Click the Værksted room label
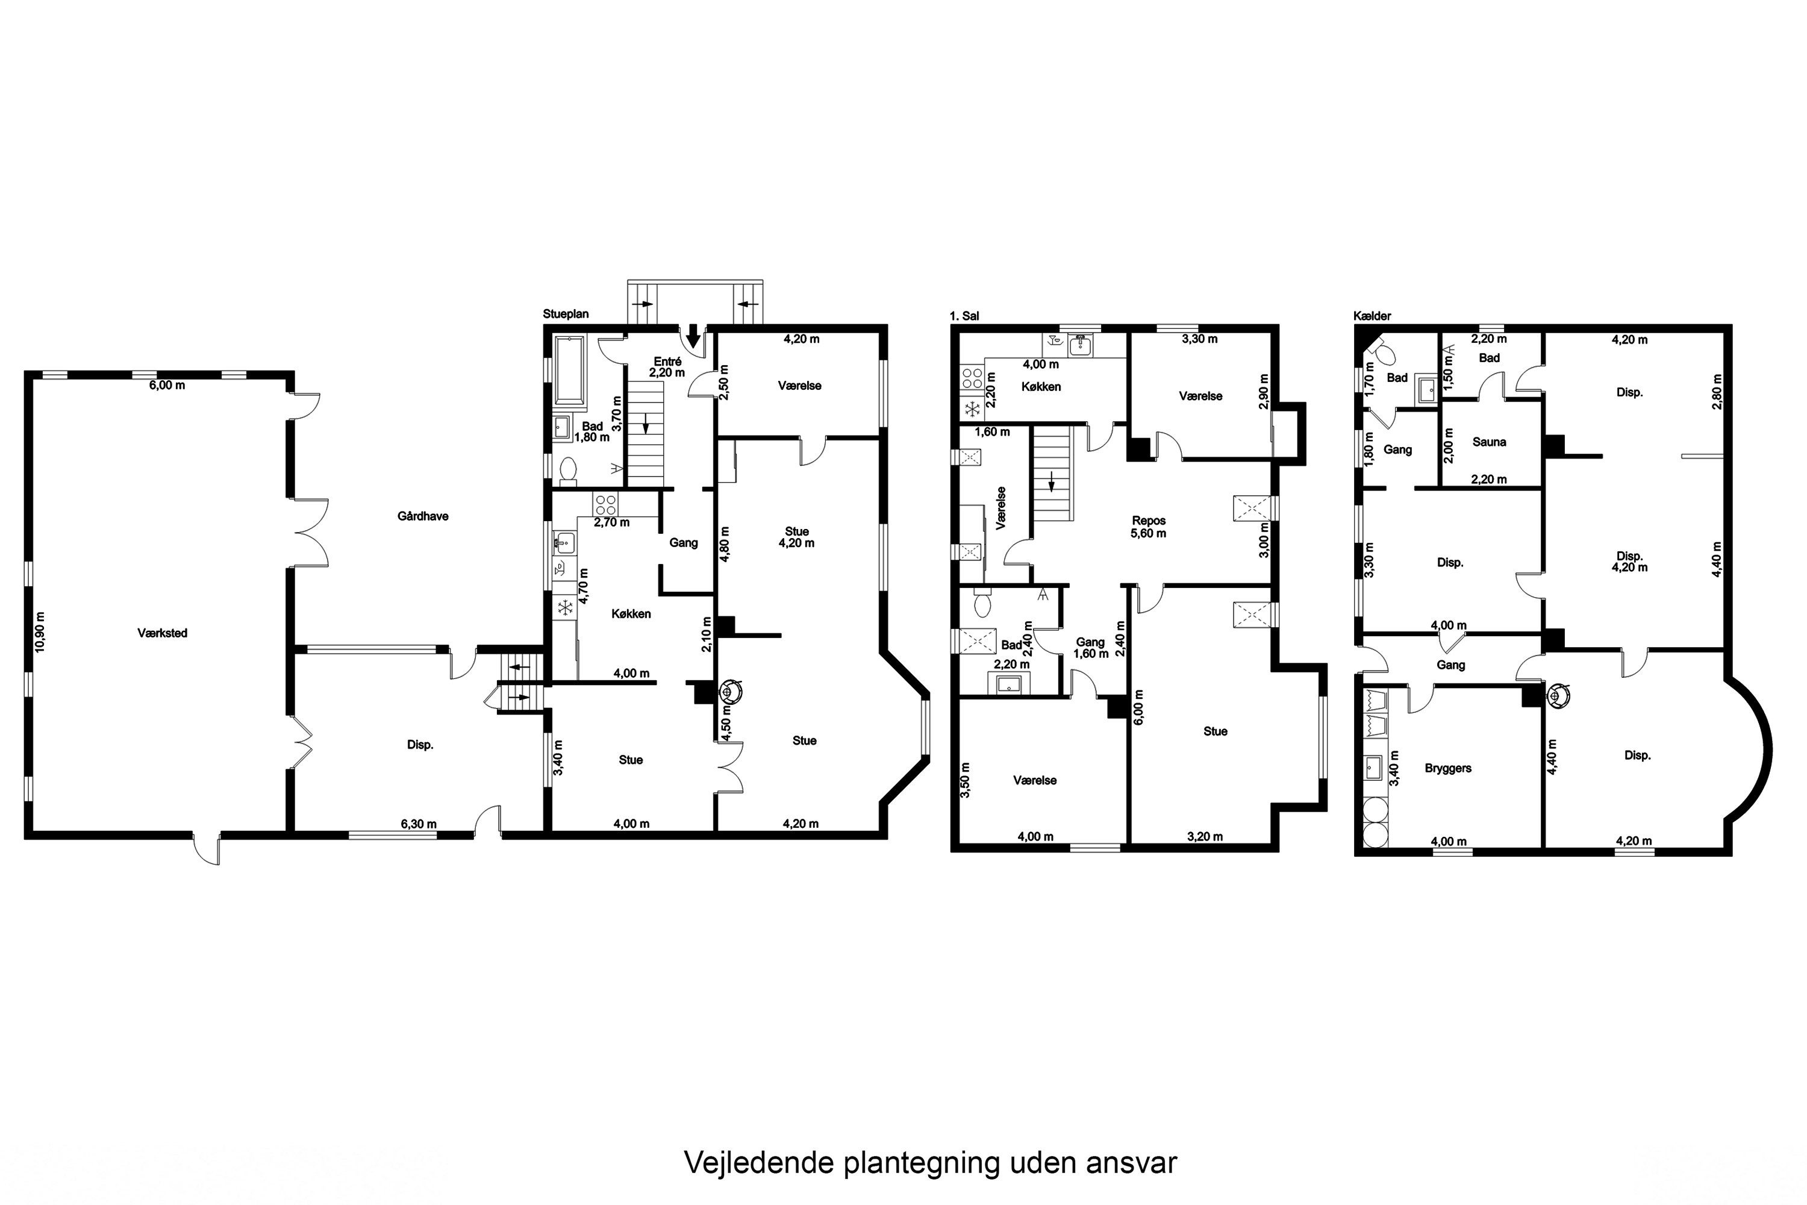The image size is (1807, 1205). [162, 633]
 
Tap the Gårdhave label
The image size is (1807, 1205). [423, 516]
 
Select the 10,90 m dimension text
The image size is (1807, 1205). [40, 631]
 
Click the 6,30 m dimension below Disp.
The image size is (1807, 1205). [419, 824]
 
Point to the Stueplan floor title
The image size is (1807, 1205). [566, 315]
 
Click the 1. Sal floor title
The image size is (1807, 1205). [964, 316]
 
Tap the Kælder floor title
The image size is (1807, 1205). [1372, 316]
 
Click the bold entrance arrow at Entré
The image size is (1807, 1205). [693, 335]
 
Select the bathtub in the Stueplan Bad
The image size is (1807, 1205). [569, 371]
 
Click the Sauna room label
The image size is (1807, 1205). [1489, 442]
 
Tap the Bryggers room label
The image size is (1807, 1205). [1447, 768]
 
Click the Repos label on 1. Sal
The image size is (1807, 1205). [1149, 521]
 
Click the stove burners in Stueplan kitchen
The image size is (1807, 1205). [605, 504]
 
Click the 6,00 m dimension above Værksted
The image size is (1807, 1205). [167, 385]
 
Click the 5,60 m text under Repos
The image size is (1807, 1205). [1149, 533]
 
